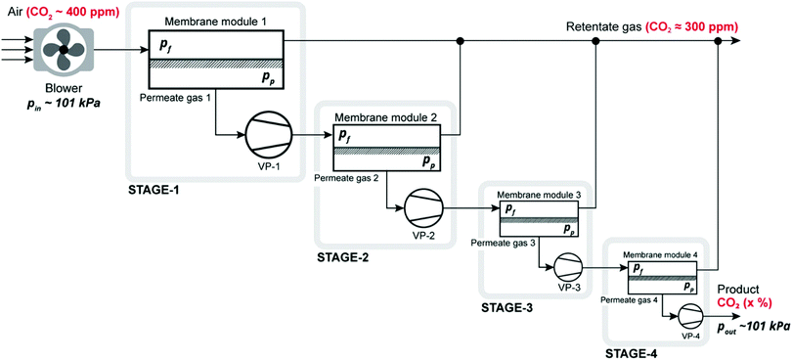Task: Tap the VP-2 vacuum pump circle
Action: pyautogui.click(x=423, y=207)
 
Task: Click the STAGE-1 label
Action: pyautogui.click(x=160, y=187)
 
